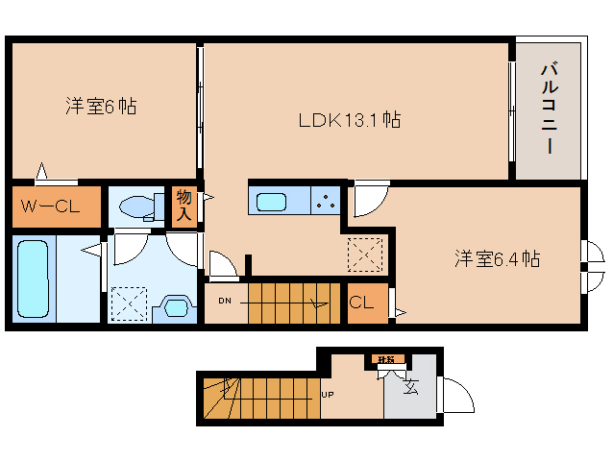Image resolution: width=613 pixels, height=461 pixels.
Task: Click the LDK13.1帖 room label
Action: point(349,120)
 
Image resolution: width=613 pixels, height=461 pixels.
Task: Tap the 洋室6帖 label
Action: point(101,106)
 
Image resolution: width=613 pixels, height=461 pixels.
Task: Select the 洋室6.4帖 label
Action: point(496,258)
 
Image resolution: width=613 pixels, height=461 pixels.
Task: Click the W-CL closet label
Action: point(54,205)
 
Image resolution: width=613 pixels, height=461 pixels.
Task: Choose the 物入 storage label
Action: point(184,205)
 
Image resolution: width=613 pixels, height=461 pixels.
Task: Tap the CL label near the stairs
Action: point(362,303)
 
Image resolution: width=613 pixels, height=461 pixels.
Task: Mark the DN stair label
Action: point(225,302)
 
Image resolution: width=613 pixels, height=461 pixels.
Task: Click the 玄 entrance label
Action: point(412,388)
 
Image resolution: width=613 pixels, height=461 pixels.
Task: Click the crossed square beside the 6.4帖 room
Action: point(364,255)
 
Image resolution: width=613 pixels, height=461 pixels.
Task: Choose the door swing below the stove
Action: point(367,199)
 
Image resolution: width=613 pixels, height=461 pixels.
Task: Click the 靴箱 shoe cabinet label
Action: point(385,361)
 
